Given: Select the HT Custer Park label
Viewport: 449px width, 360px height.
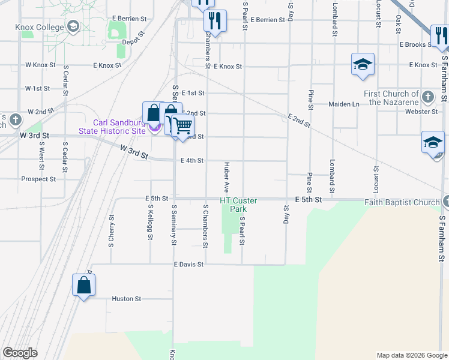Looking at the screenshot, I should [x=238, y=205].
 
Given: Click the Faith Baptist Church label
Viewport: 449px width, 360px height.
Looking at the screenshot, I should [x=402, y=202].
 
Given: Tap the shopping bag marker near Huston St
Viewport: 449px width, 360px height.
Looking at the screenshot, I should [x=84, y=285].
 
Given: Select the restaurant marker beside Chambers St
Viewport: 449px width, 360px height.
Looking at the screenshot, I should [x=214, y=21].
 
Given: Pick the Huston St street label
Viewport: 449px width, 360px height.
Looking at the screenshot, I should [x=127, y=298].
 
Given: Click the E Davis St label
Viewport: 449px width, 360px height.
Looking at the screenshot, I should [x=189, y=264].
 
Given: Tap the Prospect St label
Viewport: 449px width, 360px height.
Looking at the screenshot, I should [x=38, y=179].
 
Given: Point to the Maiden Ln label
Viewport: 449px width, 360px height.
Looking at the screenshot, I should [x=343, y=104].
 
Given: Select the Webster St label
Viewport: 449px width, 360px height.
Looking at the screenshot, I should [x=421, y=112].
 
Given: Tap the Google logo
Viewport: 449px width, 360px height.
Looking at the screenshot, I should [x=20, y=353].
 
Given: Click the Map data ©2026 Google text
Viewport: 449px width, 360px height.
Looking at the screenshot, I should [x=411, y=355].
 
